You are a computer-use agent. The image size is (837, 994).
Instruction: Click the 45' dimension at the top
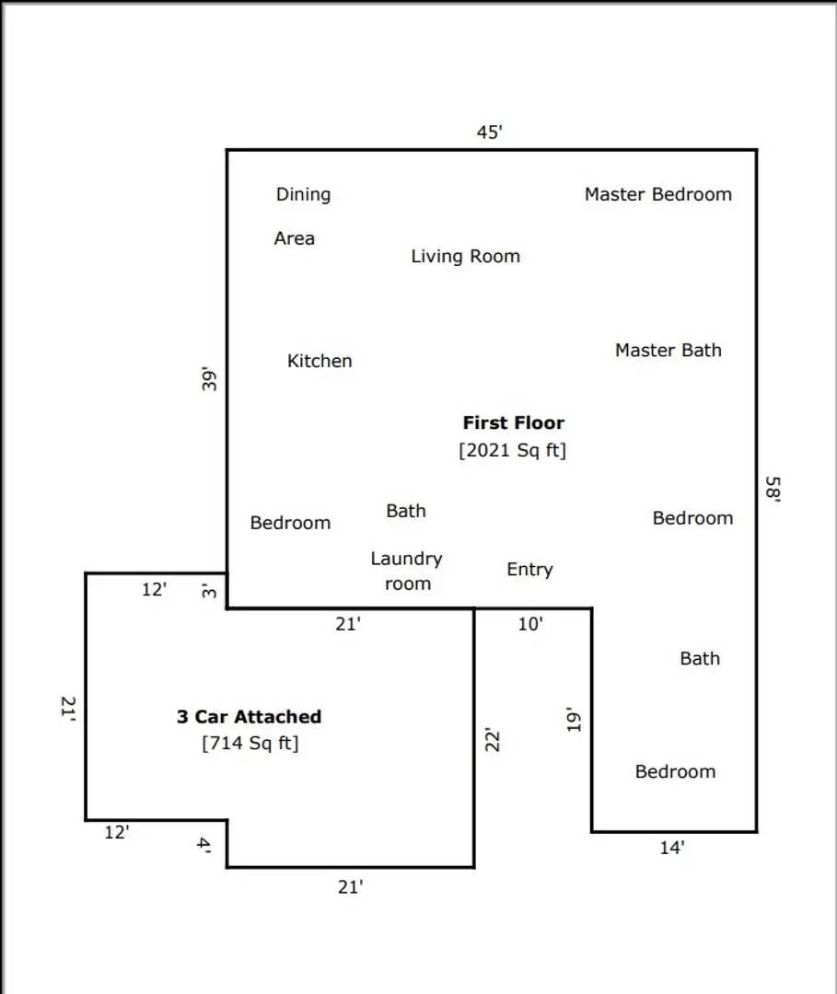pos(489,133)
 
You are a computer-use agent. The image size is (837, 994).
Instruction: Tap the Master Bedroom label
pos(657,194)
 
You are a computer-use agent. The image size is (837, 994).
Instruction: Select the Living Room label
pos(465,256)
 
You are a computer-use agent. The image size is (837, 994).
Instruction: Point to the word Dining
pos(303,194)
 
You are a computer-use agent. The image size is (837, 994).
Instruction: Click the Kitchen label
pos(320,361)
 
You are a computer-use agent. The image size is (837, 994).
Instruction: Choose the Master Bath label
pos(668,350)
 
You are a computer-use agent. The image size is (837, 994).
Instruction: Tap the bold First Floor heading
pos(513,423)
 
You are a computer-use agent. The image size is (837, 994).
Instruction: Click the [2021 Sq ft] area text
pos(513,451)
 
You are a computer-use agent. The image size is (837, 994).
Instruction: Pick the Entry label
pos(529,570)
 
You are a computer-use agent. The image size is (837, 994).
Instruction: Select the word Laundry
pos(406,559)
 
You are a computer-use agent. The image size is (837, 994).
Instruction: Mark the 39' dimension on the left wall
pos(209,380)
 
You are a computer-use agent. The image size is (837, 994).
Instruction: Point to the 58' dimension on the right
pos(773,488)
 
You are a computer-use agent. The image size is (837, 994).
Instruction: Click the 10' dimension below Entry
pos(529,624)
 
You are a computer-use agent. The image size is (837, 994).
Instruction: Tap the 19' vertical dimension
pos(574,720)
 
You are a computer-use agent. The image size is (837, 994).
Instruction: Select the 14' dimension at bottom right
pos(671,849)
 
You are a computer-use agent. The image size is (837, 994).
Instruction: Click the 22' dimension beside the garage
pos(492,740)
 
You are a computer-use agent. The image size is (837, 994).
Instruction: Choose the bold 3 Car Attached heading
pos(249,716)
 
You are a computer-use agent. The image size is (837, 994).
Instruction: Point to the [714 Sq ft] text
pos(250,743)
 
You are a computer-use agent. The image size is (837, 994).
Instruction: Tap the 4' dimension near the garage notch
pos(204,845)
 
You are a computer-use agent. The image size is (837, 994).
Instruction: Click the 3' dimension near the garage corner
pos(210,590)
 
